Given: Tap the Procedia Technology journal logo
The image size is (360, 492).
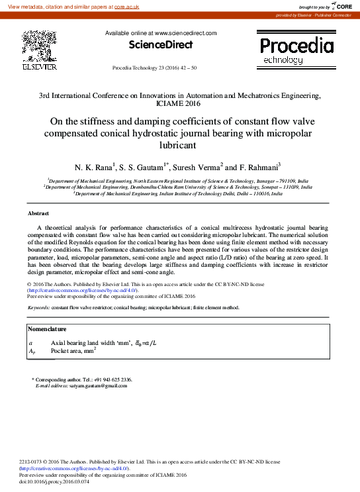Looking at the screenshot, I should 296,50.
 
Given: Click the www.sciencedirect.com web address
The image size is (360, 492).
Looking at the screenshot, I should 185,32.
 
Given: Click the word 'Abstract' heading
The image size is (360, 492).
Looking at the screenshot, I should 38,213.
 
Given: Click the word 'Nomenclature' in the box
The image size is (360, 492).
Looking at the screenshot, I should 48,329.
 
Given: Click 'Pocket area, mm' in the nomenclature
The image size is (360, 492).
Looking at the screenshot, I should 72,351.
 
